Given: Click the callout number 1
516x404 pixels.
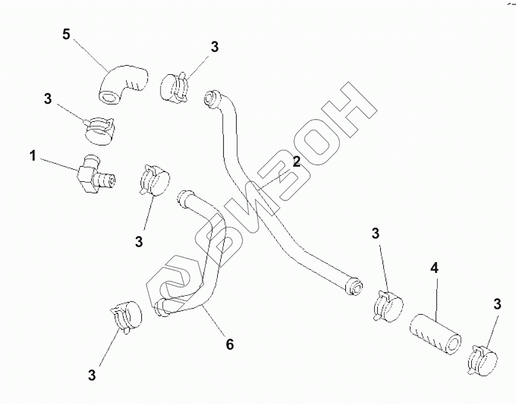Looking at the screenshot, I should point(32,156).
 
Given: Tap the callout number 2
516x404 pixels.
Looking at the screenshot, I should point(296,161).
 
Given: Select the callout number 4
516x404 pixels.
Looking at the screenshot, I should point(433,268).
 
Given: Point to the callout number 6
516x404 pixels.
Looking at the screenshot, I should point(229,344).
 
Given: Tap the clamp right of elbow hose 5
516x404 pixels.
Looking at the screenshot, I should point(176,86).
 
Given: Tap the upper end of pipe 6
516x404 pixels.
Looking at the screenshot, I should point(183,197).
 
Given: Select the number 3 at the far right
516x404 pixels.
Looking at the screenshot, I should point(497,305).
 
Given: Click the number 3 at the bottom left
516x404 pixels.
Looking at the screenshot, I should point(92,375).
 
